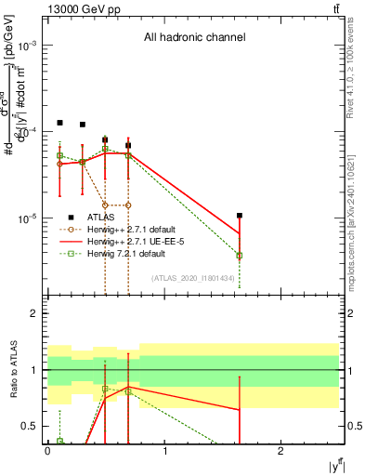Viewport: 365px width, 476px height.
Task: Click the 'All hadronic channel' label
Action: pyautogui.click(x=194, y=38)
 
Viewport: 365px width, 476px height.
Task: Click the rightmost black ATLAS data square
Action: pyautogui.click(x=240, y=216)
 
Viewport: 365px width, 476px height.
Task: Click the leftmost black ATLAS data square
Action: pyautogui.click(x=59, y=123)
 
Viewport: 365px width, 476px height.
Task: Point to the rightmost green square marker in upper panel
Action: pyautogui.click(x=240, y=255)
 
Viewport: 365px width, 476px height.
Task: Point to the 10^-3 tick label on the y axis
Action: pyautogui.click(x=28, y=46)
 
